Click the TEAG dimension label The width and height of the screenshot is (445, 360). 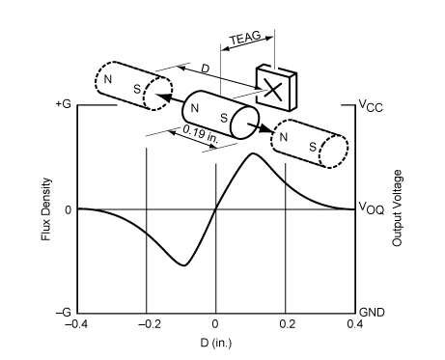pyautogui.click(x=245, y=38)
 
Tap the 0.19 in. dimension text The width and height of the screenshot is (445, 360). pyautogui.click(x=201, y=134)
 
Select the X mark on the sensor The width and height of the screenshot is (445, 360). pyautogui.click(x=273, y=90)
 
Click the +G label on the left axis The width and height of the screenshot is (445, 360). pyautogui.click(x=63, y=104)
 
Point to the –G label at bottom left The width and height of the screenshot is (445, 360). pyautogui.click(x=63, y=312)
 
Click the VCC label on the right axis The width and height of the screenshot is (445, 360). pyautogui.click(x=371, y=105)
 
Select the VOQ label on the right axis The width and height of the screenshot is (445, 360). pyautogui.click(x=372, y=208)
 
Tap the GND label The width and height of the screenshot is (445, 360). pyautogui.click(x=372, y=312)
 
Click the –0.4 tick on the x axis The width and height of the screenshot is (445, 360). pyautogui.click(x=77, y=324)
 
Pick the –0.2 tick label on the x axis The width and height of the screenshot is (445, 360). pyautogui.click(x=150, y=324)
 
